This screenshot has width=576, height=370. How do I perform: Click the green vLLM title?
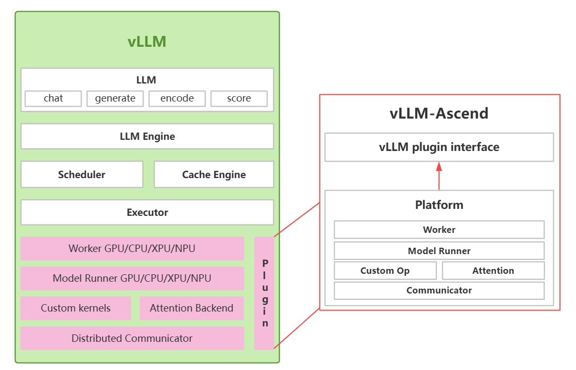(x=147, y=41)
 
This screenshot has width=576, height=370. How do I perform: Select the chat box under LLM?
(x=53, y=98)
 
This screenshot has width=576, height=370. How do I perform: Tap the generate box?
(x=115, y=98)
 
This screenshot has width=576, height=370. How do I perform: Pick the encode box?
(x=177, y=98)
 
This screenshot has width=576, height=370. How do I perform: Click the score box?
(x=239, y=98)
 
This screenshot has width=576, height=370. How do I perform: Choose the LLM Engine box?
(x=147, y=137)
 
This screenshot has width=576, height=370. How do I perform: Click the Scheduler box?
(x=82, y=174)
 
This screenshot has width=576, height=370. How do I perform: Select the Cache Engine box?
(x=214, y=174)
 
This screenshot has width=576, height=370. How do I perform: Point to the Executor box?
(x=147, y=212)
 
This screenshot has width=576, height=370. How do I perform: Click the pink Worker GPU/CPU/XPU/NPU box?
(x=132, y=248)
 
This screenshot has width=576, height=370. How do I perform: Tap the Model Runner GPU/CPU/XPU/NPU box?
(x=132, y=278)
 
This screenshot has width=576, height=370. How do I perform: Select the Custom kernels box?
(x=75, y=308)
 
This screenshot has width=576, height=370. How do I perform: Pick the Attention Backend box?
(x=191, y=308)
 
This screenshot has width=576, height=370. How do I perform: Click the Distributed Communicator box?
(x=132, y=338)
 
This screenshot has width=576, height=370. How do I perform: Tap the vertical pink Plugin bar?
(x=265, y=293)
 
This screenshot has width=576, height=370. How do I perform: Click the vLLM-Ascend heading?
(x=439, y=113)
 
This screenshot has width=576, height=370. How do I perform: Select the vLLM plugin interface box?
(x=439, y=147)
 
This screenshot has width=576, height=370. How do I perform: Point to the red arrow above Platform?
(x=439, y=175)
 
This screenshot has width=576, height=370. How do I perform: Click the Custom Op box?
(x=385, y=271)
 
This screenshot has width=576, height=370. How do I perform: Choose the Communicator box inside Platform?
(x=439, y=290)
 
